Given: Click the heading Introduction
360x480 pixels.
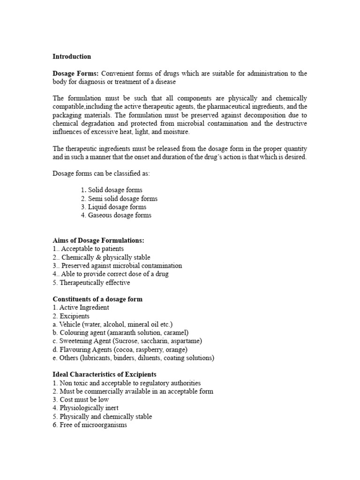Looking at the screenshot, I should point(72,57).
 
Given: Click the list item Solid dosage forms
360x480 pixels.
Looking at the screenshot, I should point(115,190).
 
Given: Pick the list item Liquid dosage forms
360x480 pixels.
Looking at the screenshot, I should point(117,207).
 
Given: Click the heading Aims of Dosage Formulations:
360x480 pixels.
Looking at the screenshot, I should point(98,240).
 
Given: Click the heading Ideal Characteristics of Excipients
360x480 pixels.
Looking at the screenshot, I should point(105,375).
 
